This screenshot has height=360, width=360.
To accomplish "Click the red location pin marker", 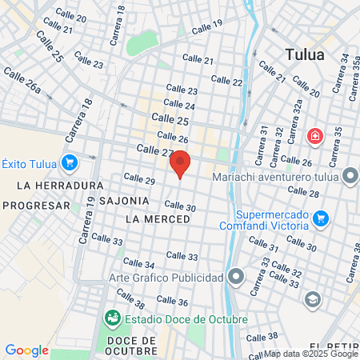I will pyautogui.click(x=180, y=163).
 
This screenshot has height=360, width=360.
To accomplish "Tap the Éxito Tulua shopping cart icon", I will pyautogui.click(x=70, y=162).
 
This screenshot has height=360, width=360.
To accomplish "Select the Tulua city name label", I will pyautogui.click(x=306, y=54).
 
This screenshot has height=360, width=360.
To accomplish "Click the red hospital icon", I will pyautogui.click(x=315, y=136).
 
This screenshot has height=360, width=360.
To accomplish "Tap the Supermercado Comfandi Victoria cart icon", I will pyautogui.click(x=321, y=218).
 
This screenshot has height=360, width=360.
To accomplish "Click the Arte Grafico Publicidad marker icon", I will pyautogui.click(x=235, y=278).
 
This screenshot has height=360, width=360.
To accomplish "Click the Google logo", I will pyautogui.click(x=26, y=350).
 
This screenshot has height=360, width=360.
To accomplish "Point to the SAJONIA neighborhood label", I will pyautogui.click(x=124, y=200).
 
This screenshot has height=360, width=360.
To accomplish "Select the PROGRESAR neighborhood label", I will pyautogui.click(x=37, y=205).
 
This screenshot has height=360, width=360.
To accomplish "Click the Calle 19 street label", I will pyautogui.click(x=207, y=26).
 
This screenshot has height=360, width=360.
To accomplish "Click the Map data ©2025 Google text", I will pyautogui.click(x=311, y=354).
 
